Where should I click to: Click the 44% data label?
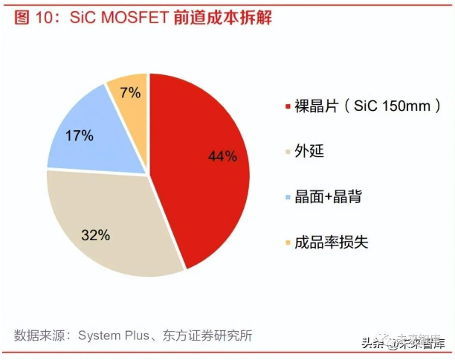tap(222, 156)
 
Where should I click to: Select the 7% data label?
tap(130, 93)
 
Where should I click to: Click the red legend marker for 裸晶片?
tap(288, 107)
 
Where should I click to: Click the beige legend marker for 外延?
tap(288, 152)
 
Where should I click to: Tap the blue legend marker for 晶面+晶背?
tap(288, 197)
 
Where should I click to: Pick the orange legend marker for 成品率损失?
tap(288, 242)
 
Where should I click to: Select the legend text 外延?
tap(309, 152)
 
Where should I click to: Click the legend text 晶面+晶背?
tap(328, 197)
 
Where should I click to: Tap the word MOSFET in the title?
tap(149, 17)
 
